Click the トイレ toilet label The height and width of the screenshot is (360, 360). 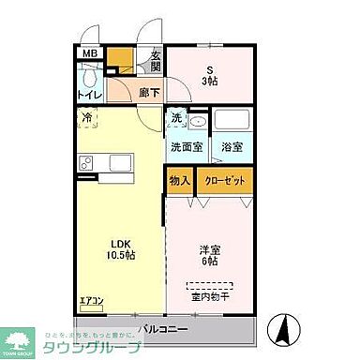coord(89,94)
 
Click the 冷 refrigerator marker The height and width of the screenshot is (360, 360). coord(85,119)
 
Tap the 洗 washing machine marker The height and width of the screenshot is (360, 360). coord(176,119)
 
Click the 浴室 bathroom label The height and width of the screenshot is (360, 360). coord(232,146)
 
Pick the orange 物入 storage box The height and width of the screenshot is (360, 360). coord(180,181)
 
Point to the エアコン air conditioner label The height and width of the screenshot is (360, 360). coord(91,301)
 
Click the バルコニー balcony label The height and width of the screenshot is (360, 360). coord(165,329)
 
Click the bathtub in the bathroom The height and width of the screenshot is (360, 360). coord(232,121)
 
